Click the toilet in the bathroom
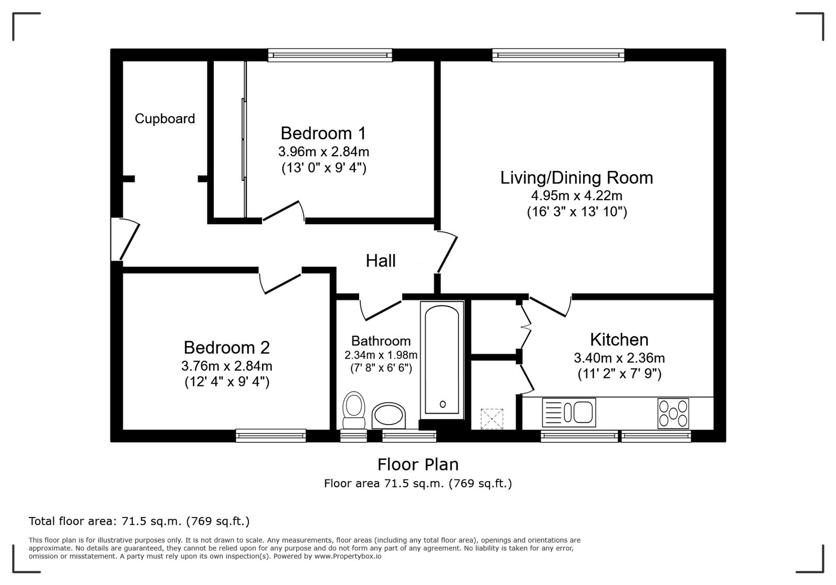pos(353,410)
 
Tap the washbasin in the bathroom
pos(388,416)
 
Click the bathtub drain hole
pos(443,404)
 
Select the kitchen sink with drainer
pos(569,412)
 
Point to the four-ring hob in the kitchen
pos(673,413)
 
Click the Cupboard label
pos(165,119)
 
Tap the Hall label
pos(380,261)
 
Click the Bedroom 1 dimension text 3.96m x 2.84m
pos(324,152)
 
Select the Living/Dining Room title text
pos(577,178)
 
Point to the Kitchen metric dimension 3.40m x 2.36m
pos(619,358)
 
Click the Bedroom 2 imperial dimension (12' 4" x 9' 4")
pos(227,382)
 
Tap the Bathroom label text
pos(381,341)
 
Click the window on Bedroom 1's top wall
pos(330,55)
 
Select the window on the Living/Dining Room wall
pos(558,55)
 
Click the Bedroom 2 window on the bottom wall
pos(271,435)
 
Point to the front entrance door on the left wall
pos(124,239)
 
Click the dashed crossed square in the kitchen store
pos(492,419)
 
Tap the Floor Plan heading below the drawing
pos(418,464)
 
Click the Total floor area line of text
pos(139,521)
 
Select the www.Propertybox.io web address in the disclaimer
pos(348,556)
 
